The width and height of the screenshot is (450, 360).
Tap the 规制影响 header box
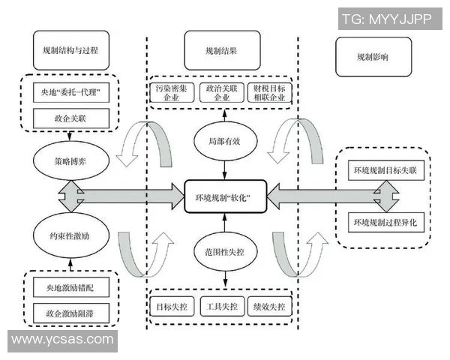click(x=373, y=57)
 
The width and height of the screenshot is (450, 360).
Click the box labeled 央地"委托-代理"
click(x=71, y=94)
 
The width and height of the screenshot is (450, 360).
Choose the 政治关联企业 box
click(x=223, y=93)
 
